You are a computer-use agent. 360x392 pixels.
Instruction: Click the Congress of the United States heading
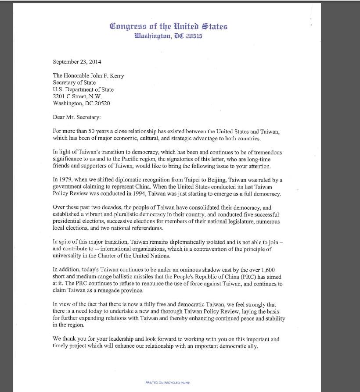click(x=169, y=26)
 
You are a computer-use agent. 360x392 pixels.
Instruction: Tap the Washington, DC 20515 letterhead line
click(x=169, y=36)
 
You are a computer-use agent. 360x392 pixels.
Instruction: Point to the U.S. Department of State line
click(x=83, y=89)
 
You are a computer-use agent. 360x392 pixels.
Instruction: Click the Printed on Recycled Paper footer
click(x=168, y=383)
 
